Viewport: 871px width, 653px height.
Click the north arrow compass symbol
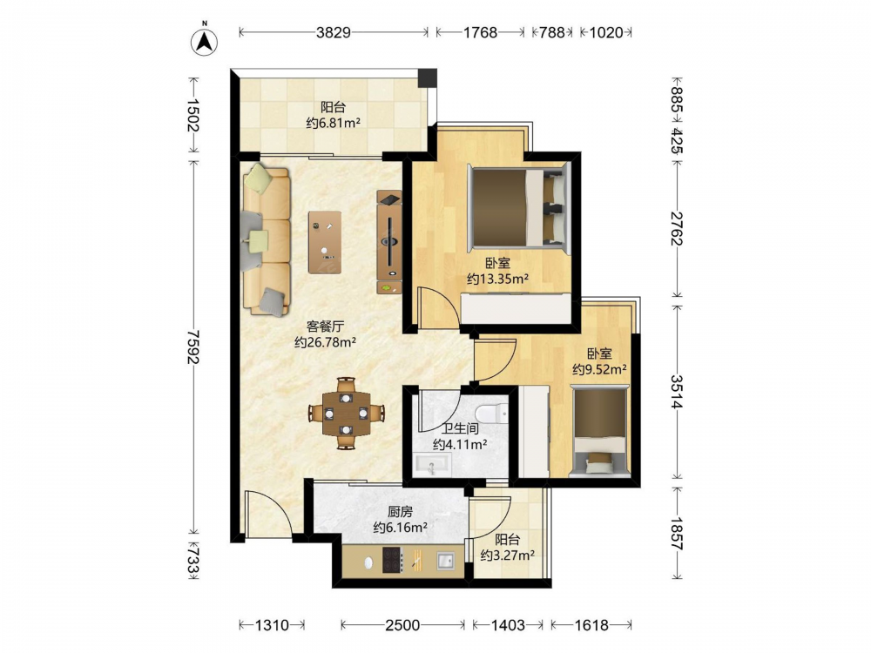click(205, 40)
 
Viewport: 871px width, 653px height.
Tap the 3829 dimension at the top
click(334, 32)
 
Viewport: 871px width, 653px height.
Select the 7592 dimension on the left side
click(192, 347)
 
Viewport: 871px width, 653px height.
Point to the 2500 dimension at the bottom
click(402, 625)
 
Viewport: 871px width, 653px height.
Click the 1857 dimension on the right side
click(676, 533)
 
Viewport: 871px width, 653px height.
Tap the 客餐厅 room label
click(325, 326)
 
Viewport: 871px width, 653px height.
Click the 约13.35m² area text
click(497, 279)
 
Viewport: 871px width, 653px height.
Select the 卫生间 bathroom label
click(460, 428)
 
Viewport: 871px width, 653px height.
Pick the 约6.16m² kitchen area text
click(400, 527)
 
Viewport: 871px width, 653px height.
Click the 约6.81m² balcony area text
click(334, 123)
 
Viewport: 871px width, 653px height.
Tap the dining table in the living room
click(347, 413)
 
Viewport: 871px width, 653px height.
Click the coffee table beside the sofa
click(325, 241)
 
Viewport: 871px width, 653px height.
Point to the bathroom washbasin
click(433, 465)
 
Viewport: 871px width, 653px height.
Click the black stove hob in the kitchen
click(392, 560)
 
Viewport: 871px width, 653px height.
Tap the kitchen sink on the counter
click(445, 560)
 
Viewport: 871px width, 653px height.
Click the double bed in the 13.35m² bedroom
click(518, 207)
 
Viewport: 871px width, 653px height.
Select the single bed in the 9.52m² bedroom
click(600, 432)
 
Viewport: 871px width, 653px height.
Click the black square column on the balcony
click(427, 77)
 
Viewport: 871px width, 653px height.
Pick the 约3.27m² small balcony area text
click(508, 555)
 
